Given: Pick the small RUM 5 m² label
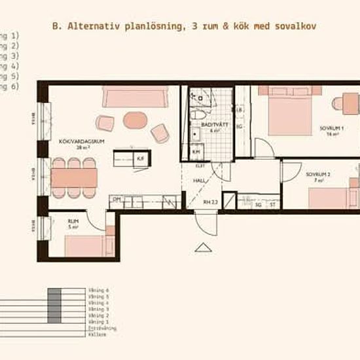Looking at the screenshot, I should point(74,225).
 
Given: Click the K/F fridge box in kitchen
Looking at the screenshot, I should point(139,158).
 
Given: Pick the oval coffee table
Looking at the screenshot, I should point(135,120).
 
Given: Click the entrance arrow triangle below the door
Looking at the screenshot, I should point(204,247).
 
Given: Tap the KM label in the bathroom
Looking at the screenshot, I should point(196,152).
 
